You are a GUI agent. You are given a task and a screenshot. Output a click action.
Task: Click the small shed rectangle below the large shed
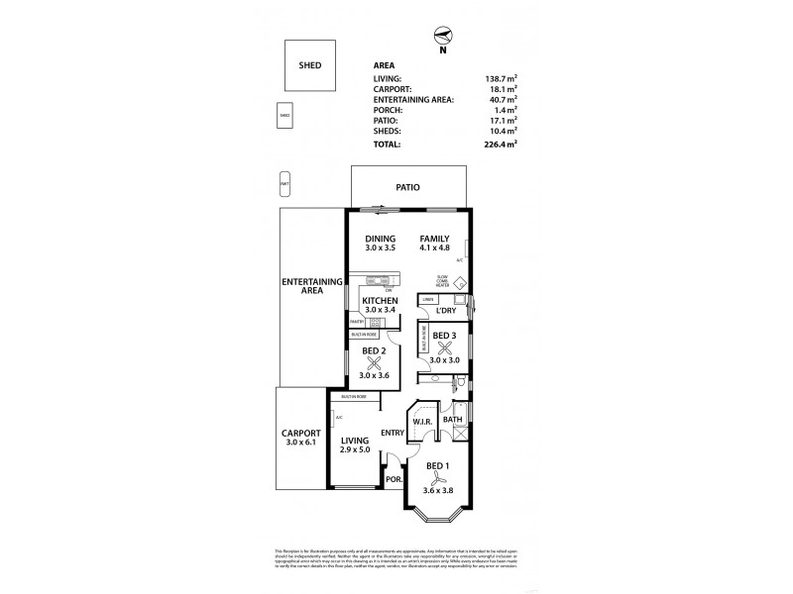tap(283, 116)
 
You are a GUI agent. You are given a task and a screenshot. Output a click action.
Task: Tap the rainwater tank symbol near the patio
tap(284, 184)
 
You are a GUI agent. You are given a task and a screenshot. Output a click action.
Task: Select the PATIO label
tap(408, 186)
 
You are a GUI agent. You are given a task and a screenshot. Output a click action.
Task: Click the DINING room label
tap(380, 239)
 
